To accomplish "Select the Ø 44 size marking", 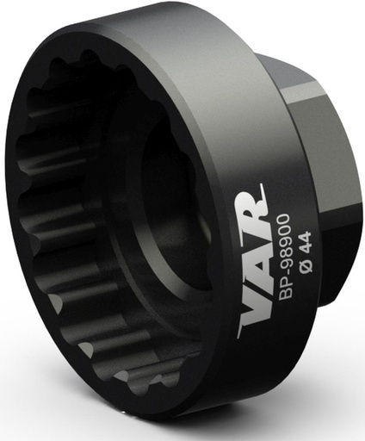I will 305,257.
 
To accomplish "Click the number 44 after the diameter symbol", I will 306,248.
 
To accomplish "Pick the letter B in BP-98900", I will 285,294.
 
